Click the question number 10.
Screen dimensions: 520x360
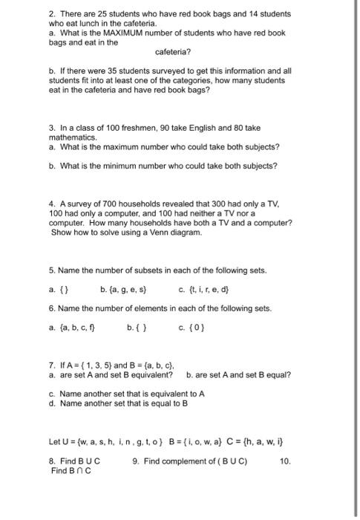click(286, 461)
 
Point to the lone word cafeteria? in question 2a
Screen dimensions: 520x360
click(173, 53)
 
